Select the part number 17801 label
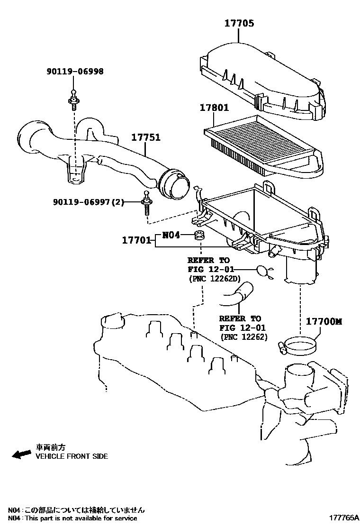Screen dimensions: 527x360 tap(213, 108)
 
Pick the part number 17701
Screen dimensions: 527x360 tap(136, 240)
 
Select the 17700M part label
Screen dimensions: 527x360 tap(324, 321)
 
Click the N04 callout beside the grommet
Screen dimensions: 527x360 tap(171, 235)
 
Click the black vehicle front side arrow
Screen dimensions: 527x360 tap(22, 454)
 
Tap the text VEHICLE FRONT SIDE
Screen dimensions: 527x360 tap(72, 456)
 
